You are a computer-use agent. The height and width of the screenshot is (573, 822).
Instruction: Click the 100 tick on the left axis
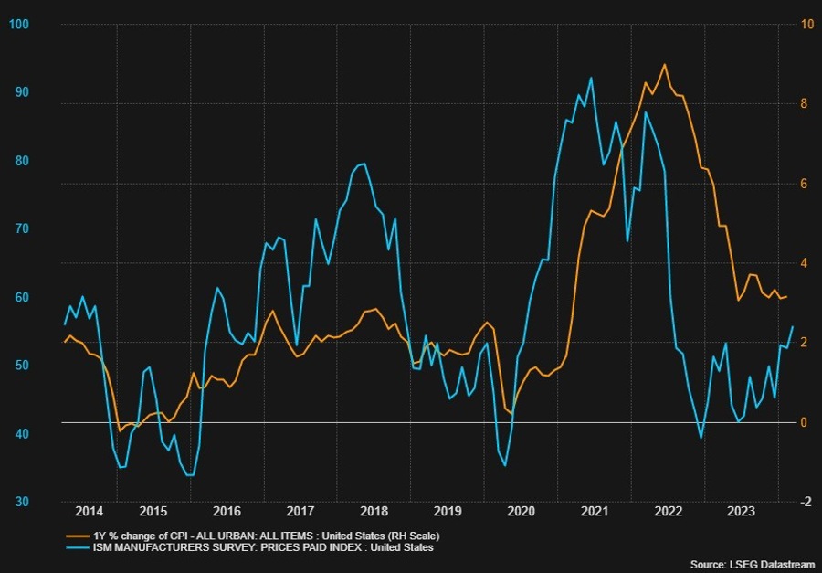(16, 23)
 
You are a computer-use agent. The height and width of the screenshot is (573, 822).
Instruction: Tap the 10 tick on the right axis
(807, 23)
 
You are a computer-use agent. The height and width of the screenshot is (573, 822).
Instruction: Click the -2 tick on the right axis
(806, 502)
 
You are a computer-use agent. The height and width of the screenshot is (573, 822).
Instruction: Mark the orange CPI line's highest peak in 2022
(664, 64)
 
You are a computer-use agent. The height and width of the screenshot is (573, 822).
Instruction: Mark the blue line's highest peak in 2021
(591, 77)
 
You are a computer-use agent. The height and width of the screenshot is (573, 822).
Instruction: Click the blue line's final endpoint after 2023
(792, 326)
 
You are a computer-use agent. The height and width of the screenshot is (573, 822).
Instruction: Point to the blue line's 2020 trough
(505, 466)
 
